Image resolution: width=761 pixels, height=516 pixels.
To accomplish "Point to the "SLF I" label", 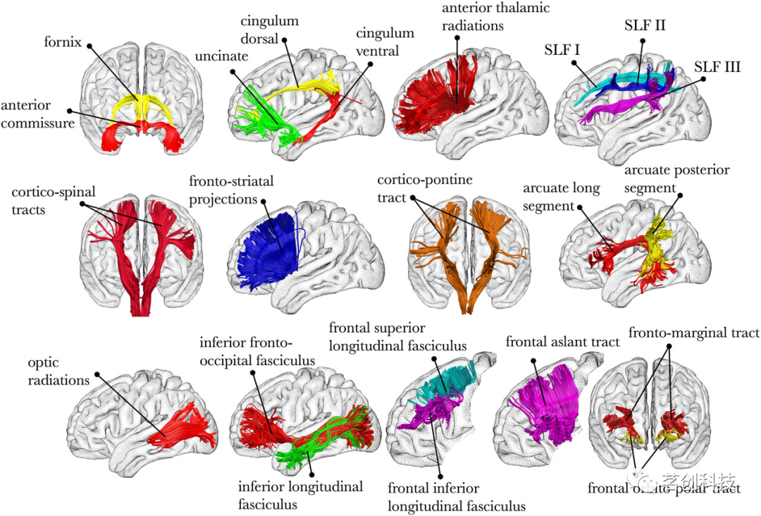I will [x=563, y=50].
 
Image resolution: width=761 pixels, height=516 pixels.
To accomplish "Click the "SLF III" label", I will [x=717, y=68].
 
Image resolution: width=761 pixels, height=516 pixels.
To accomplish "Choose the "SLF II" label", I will [x=644, y=26].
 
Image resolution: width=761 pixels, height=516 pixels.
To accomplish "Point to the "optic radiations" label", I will [x=61, y=372].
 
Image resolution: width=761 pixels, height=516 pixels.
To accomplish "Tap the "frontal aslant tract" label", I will [x=562, y=342].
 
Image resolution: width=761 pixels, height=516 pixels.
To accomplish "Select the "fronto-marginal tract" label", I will [x=694, y=333].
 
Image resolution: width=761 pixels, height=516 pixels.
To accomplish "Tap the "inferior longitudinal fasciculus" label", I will [x=300, y=495].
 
